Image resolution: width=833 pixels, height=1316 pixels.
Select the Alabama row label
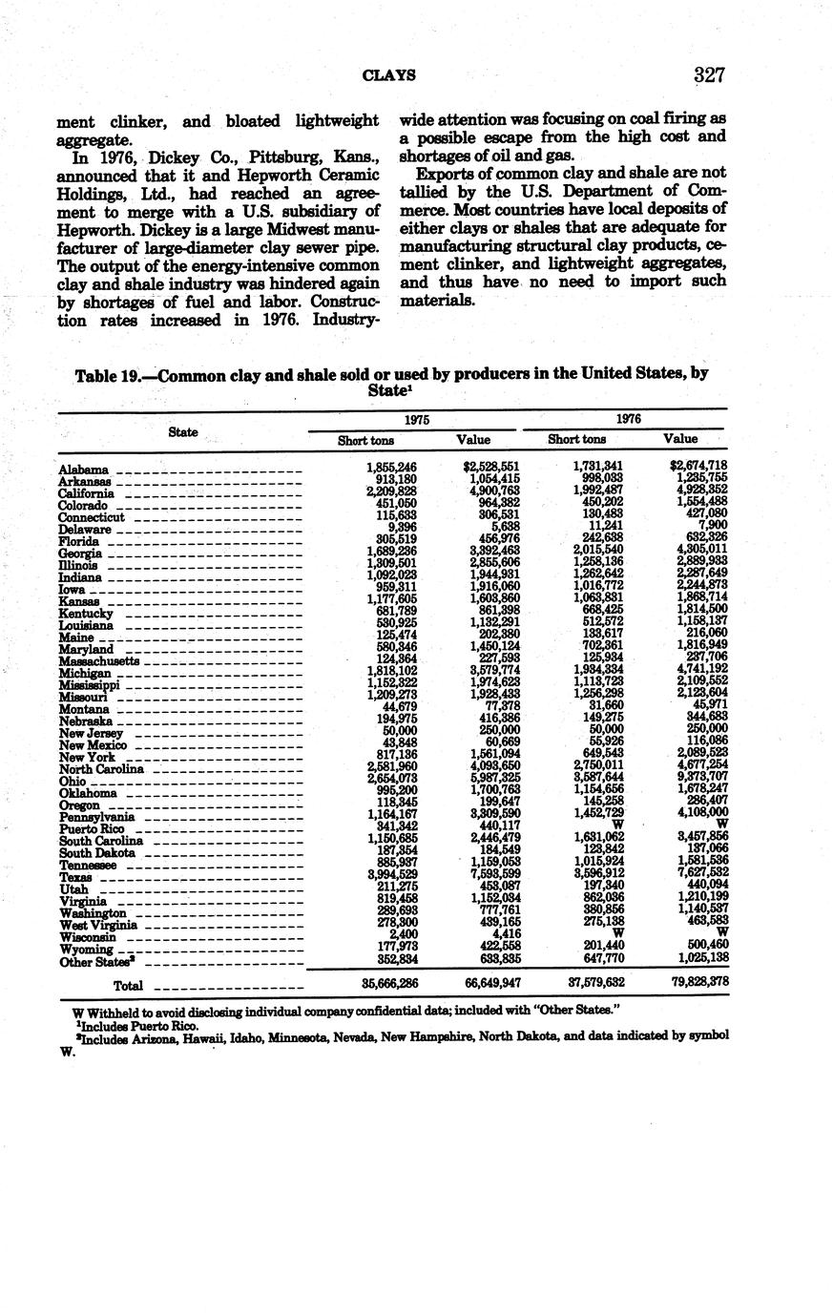point(83,470)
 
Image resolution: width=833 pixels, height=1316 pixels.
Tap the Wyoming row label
point(85,950)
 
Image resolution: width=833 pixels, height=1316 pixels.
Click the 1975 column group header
point(416,419)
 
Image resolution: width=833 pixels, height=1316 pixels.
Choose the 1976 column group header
point(628,419)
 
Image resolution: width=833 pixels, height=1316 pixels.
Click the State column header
point(183,431)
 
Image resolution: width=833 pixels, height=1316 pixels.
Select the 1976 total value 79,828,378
point(694,982)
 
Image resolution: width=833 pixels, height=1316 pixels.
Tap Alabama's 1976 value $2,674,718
point(694,465)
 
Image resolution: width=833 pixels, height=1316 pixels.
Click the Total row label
point(129,984)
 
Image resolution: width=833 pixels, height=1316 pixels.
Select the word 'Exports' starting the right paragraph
point(447,173)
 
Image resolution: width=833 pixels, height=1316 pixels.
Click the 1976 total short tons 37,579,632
point(591,982)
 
